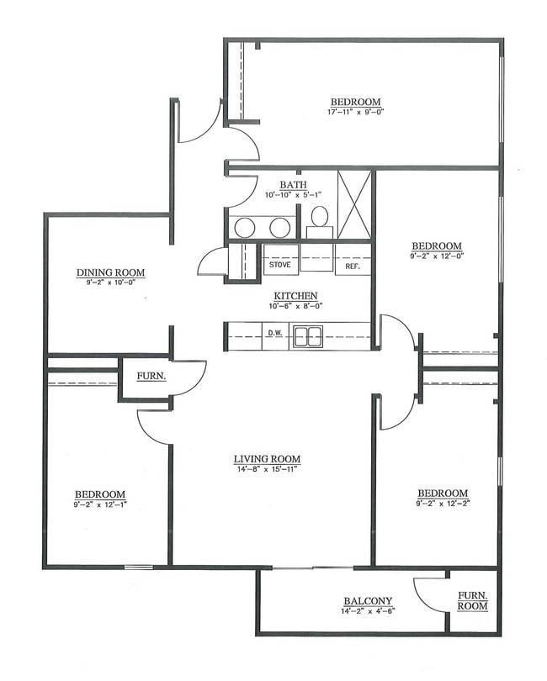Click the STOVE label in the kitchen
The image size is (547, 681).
(279, 266)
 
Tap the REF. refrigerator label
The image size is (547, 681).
(352, 267)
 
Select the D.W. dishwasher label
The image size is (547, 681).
(274, 334)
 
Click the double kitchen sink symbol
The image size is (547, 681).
(307, 336)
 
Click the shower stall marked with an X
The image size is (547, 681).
(354, 204)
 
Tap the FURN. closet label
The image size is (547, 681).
(152, 377)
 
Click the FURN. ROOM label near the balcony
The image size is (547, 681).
(472, 599)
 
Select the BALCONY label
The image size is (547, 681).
(369, 600)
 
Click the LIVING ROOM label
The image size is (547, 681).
(267, 459)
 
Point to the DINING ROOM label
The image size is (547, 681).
(110, 272)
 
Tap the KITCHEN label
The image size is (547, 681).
(295, 296)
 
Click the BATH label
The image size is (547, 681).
(294, 185)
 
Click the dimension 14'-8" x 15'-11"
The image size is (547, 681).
(267, 469)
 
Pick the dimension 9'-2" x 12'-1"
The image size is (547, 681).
(100, 504)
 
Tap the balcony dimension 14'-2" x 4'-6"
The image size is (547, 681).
(369, 610)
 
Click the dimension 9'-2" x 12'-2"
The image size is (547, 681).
(442, 504)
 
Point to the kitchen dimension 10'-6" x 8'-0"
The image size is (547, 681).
(295, 306)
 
